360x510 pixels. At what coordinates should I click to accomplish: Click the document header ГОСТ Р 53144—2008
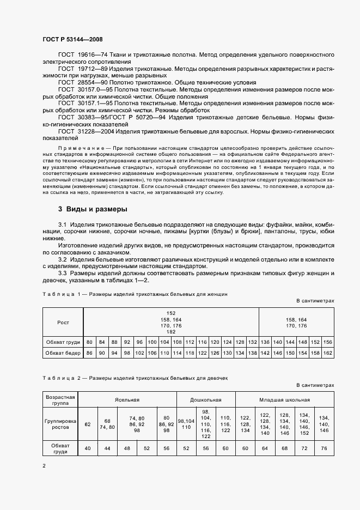[72, 40]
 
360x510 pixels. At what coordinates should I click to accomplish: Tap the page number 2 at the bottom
[45, 465]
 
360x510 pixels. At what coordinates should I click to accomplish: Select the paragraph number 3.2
[63, 259]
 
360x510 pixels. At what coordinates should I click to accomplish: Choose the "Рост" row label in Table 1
[63, 322]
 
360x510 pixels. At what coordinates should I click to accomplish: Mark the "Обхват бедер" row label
[63, 353]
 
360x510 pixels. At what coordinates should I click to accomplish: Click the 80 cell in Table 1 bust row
[90, 342]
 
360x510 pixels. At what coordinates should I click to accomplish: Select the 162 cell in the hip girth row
[327, 353]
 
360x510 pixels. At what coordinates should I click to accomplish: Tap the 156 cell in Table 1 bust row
[327, 342]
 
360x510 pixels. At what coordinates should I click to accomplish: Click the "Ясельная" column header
[127, 399]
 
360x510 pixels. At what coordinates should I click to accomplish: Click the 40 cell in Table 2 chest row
[88, 448]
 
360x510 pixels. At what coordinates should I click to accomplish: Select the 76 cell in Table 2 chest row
[324, 448]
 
